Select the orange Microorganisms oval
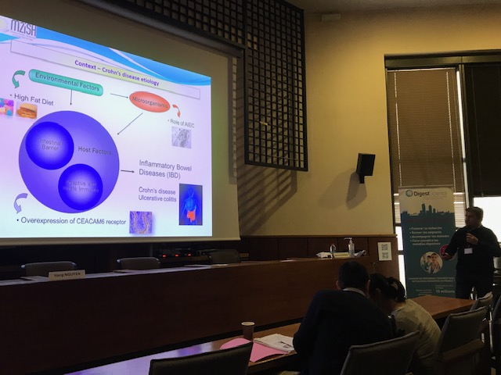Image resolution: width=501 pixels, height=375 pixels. click(149, 102)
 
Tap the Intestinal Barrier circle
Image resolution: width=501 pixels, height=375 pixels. click(49, 146)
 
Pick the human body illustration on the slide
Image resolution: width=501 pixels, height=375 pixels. click(190, 205)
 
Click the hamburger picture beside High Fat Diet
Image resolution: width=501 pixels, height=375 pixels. click(27, 110)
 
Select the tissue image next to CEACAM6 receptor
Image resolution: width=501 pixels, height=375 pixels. click(141, 222)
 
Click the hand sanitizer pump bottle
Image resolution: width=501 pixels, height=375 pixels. click(350, 247)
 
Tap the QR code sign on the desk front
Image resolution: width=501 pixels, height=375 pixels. click(384, 251)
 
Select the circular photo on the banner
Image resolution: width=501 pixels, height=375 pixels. click(431, 262)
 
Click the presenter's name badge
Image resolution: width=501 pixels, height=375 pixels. click(468, 251)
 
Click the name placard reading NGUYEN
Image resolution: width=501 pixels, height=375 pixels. click(67, 274)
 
